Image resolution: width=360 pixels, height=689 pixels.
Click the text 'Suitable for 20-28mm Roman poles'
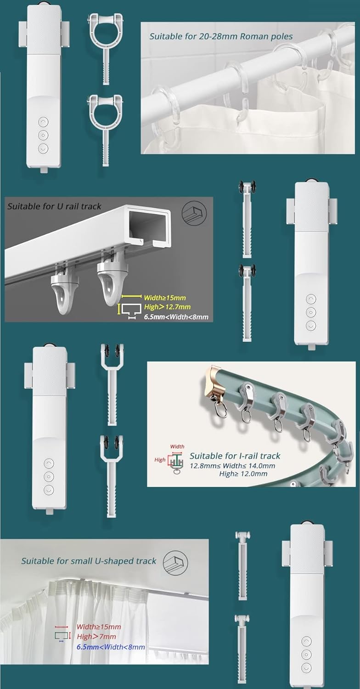click(221, 36)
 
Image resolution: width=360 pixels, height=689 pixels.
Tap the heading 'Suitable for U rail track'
click(54, 206)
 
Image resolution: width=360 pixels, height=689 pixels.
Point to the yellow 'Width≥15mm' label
click(165, 298)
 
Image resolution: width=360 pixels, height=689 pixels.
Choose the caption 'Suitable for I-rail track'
click(235, 456)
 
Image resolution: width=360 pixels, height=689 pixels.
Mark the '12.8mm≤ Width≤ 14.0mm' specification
click(232, 466)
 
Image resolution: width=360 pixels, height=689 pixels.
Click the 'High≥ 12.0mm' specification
click(243, 474)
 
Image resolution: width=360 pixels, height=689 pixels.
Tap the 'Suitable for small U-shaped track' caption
click(89, 561)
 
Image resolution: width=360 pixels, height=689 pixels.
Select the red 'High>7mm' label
click(96, 637)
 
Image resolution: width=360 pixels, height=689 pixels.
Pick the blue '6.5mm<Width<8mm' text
click(111, 647)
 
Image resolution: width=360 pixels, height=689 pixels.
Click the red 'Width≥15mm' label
click(99, 627)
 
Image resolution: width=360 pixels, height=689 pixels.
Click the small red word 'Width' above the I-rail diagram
click(177, 446)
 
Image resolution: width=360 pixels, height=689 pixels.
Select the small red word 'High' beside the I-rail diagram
click(160, 460)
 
